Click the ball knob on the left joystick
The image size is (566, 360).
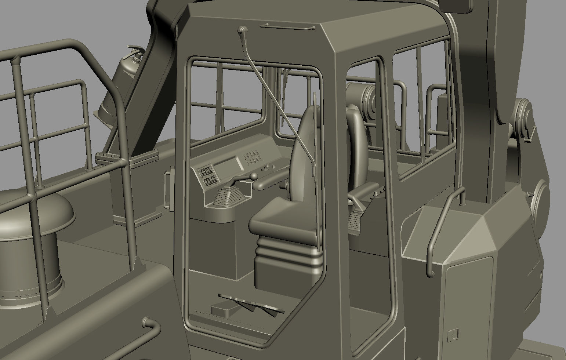pyautogui.click(x=253, y=177)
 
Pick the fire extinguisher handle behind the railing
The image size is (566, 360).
pyautogui.click(x=134, y=50)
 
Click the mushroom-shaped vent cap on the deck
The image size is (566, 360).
pyautogui.click(x=35, y=213)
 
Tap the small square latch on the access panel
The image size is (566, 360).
pyautogui.click(x=453, y=335)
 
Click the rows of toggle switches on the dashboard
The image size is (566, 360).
pyautogui.click(x=252, y=157)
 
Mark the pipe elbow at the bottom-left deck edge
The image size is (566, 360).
pyautogui.click(x=150, y=325)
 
